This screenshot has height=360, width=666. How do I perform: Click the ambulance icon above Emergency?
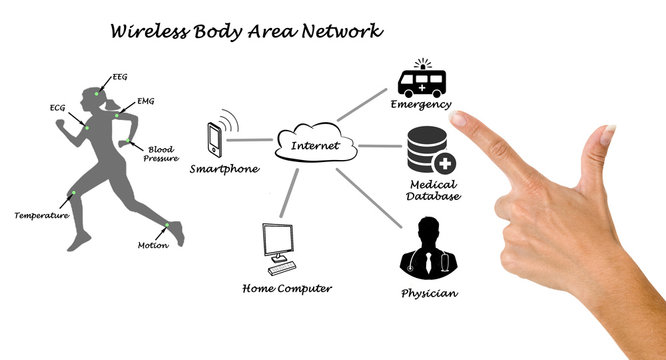point(423,80)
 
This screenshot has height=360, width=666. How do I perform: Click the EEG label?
point(119,77)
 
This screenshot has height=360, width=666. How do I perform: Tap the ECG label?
point(57,107)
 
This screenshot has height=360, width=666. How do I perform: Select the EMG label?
point(146,103)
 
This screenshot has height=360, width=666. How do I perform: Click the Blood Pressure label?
point(161,153)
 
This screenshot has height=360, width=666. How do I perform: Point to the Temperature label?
point(41,215)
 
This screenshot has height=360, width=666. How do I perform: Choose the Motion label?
point(153,245)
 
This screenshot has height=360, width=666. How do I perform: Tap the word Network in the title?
point(342,31)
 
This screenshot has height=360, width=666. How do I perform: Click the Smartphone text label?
point(224,169)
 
